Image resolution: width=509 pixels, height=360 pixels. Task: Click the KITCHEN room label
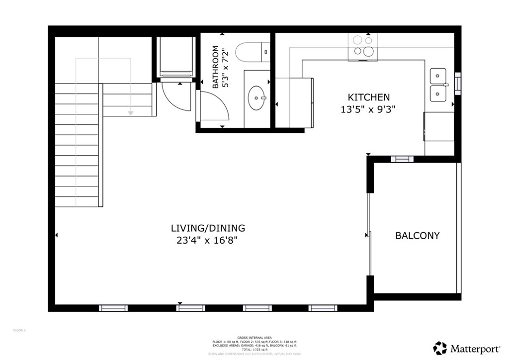368,97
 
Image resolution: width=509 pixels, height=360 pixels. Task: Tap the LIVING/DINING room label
208,228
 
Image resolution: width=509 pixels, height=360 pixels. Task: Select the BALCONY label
417,236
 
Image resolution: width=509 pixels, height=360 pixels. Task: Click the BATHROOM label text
216,67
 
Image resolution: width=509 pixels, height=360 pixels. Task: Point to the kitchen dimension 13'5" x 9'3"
368,109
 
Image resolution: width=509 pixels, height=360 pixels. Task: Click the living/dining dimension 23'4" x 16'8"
208,241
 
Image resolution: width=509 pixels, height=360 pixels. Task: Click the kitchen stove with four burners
362,46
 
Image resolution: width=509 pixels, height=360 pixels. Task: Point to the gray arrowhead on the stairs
131,113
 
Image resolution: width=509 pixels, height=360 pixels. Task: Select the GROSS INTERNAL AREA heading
254,338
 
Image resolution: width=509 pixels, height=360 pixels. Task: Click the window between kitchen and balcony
402,159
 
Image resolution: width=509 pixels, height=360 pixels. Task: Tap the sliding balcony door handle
368,235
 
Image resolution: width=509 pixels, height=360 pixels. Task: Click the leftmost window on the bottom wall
113,308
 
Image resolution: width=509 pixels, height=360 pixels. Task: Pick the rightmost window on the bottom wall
323,308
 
